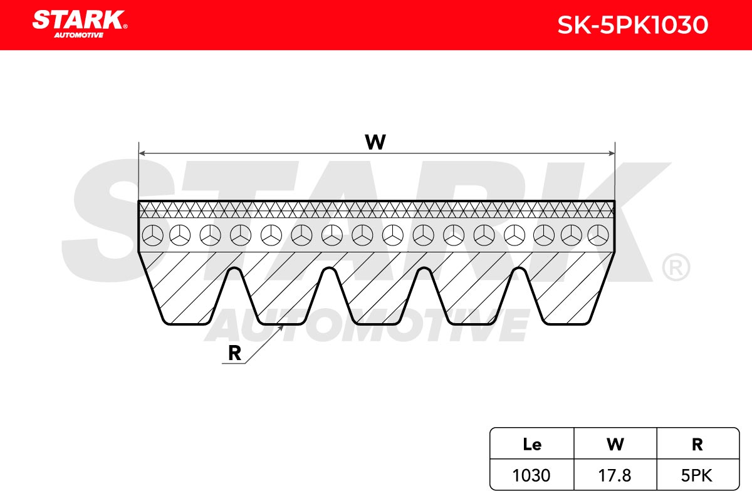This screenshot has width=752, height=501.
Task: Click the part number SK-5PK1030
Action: (x=633, y=25)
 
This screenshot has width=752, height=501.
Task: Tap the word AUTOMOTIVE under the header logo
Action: (x=79, y=35)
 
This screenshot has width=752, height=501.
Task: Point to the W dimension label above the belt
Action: (x=375, y=142)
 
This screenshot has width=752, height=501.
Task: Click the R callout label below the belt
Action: (x=234, y=353)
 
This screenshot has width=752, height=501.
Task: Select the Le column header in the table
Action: (x=532, y=444)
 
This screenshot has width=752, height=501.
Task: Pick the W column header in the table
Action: (x=615, y=444)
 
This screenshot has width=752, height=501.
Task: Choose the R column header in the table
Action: (x=697, y=445)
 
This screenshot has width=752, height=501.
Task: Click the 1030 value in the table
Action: (x=531, y=475)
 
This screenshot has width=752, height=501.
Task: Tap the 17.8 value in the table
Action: (x=615, y=475)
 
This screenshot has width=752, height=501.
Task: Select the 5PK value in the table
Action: (x=697, y=475)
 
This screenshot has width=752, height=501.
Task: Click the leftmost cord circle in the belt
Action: (x=153, y=235)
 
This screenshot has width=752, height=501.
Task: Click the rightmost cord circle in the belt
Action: (x=598, y=235)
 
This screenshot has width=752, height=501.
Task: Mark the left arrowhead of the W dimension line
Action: (x=142, y=153)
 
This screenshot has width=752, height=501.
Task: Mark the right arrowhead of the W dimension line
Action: (x=612, y=153)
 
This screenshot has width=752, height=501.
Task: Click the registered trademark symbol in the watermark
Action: (x=676, y=267)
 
